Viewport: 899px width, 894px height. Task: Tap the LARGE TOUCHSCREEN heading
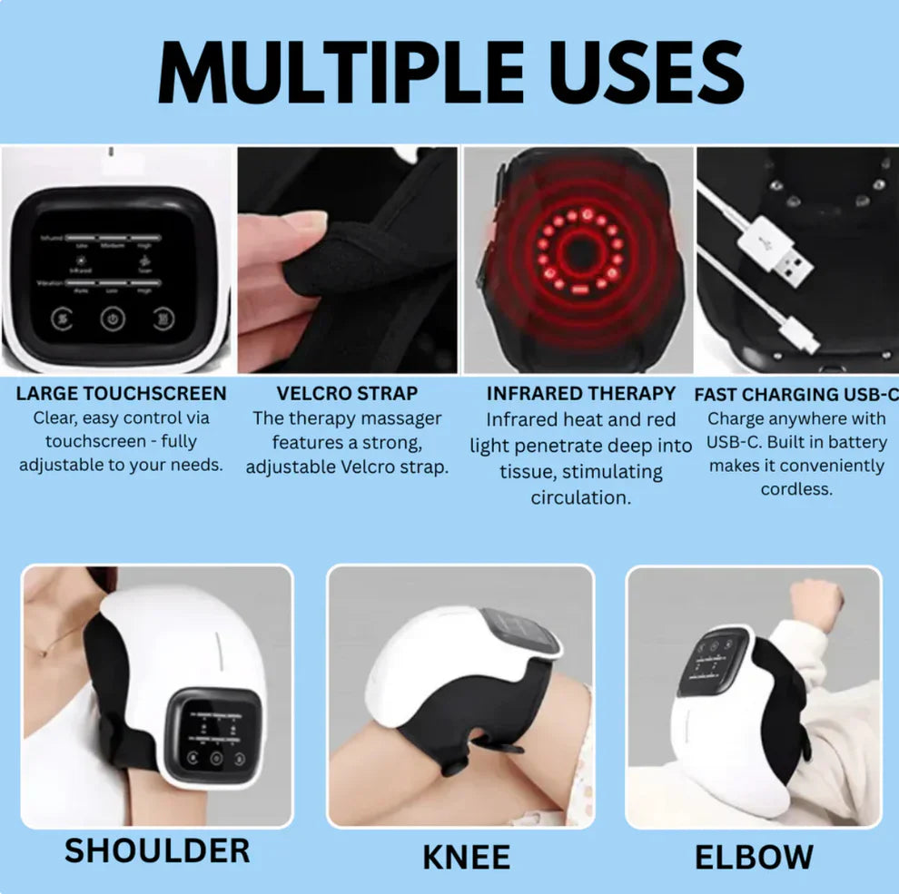[x=121, y=394]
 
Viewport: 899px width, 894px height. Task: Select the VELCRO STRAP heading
[x=348, y=394]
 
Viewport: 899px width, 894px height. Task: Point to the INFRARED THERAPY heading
[x=581, y=394]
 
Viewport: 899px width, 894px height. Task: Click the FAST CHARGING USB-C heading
[x=796, y=395]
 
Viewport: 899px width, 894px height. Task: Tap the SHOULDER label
[x=157, y=851]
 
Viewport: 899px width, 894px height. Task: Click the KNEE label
[x=466, y=857]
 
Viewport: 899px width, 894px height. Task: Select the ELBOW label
[x=754, y=857]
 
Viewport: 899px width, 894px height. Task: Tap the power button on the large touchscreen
[x=112, y=319]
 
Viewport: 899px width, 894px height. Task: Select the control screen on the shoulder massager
[x=215, y=734]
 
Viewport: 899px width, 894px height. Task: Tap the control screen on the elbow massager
[x=712, y=662]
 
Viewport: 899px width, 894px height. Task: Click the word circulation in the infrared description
[x=580, y=497]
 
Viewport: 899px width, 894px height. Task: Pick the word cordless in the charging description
[x=796, y=489]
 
